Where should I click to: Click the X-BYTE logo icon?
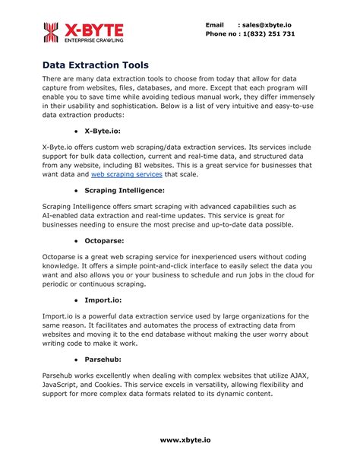coord(51,32)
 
